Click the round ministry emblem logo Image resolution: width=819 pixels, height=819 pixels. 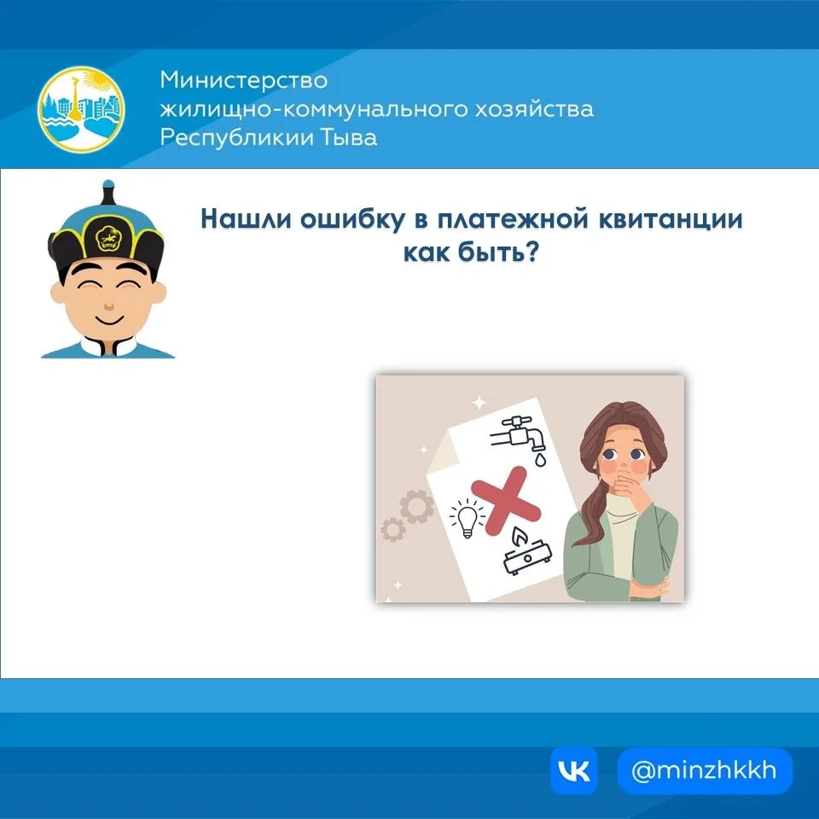tap(82, 109)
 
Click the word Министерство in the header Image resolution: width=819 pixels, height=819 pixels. tap(244, 80)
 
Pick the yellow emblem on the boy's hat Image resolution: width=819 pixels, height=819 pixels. tap(108, 238)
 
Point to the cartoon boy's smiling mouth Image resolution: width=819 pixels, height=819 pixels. tap(108, 318)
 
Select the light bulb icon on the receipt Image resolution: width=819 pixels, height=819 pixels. tap(467, 518)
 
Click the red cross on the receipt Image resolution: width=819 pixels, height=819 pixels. tap(505, 501)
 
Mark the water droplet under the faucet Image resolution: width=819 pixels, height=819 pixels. tap(540, 459)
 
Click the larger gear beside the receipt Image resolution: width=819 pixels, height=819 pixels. tap(416, 506)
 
